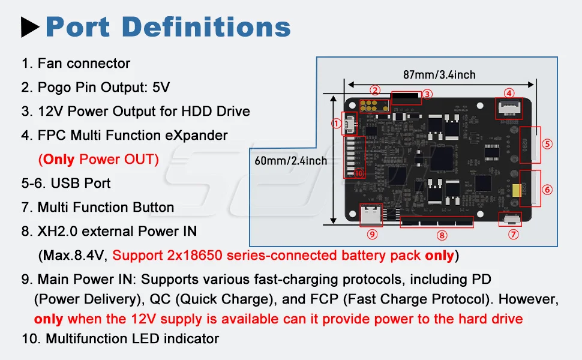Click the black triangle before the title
point(29,27)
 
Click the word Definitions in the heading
point(206,27)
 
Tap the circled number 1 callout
point(336,123)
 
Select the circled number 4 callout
point(509,93)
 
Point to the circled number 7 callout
point(514,234)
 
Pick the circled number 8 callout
point(442,235)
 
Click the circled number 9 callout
point(372,234)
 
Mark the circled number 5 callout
point(547,144)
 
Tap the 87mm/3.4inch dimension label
point(439,74)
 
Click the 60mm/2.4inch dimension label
point(291,161)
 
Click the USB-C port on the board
point(371,215)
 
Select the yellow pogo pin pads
point(374,106)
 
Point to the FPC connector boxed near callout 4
point(509,108)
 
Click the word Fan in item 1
point(49,63)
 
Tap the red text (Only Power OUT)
point(98,159)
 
